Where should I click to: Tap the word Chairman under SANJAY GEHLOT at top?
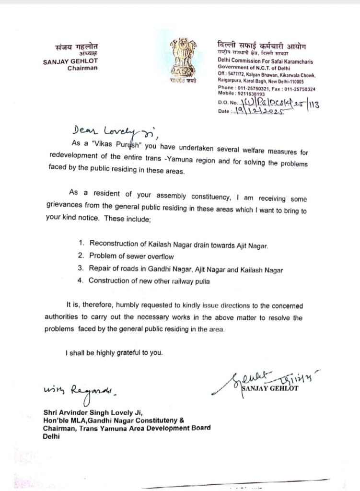82,68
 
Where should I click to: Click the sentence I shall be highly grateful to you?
114,353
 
